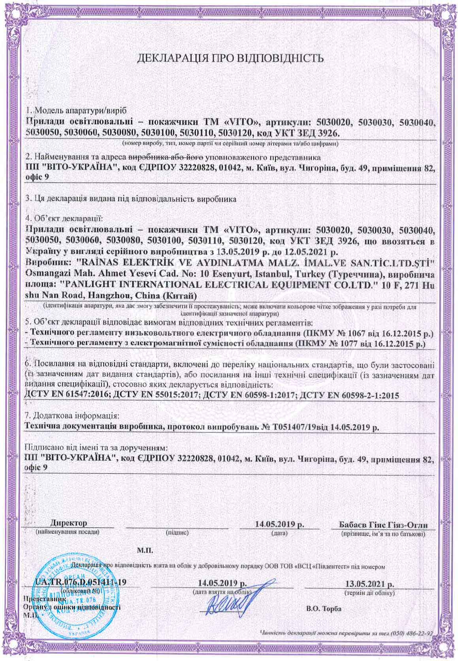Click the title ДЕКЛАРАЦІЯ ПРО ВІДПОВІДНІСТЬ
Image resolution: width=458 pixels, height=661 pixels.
[230, 59]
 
